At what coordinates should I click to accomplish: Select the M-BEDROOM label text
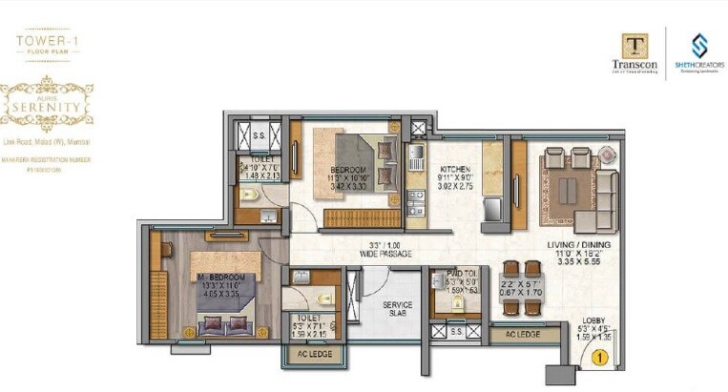pyautogui.click(x=221, y=277)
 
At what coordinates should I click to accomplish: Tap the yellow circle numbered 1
pyautogui.click(x=599, y=358)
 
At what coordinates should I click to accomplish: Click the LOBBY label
pyautogui.click(x=593, y=320)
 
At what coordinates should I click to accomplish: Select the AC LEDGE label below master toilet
pyautogui.click(x=305, y=354)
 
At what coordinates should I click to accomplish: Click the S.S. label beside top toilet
pyautogui.click(x=258, y=135)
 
